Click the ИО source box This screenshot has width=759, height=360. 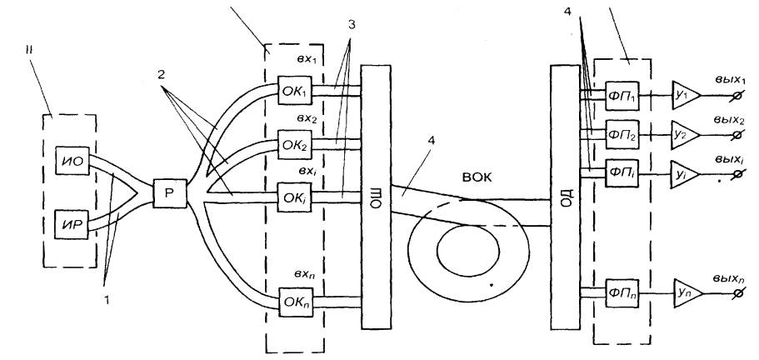[x=72, y=160]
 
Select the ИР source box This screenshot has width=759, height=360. [x=72, y=224]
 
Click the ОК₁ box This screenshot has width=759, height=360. [x=295, y=89]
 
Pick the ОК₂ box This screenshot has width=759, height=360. [x=295, y=144]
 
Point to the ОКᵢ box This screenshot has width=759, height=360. [x=295, y=197]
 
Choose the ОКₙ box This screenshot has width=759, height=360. [x=296, y=302]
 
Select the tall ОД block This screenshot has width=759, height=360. [x=566, y=197]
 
